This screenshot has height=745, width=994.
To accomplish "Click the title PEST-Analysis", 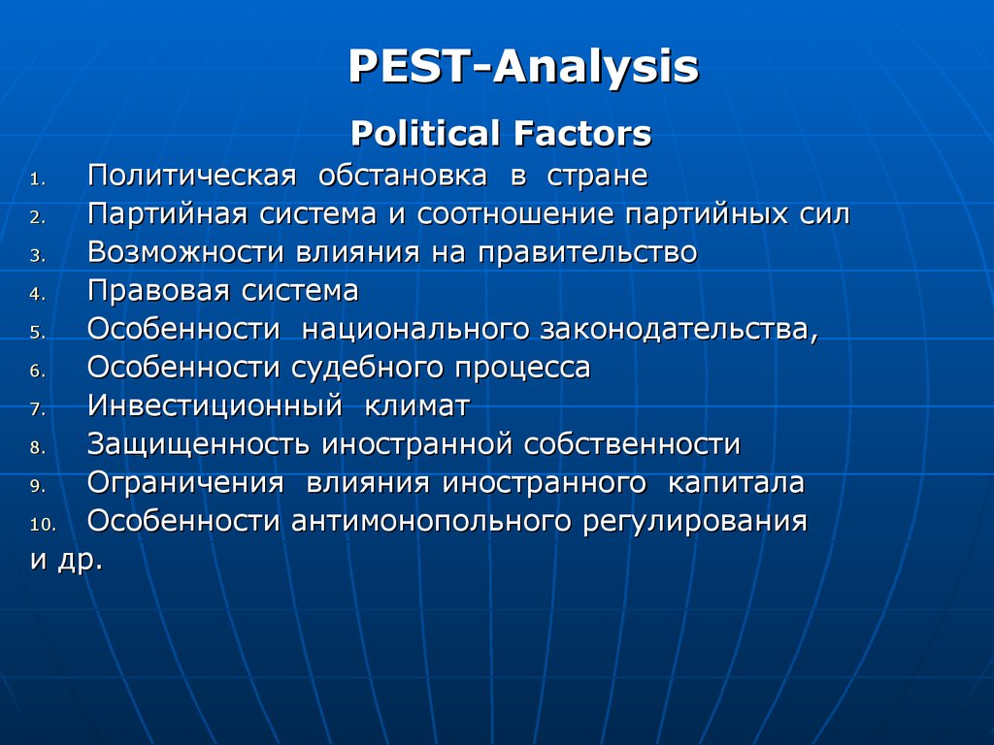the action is pyautogui.click(x=523, y=67).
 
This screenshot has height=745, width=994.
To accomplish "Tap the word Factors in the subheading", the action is pyautogui.click(x=582, y=134).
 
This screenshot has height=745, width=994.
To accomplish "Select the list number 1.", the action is pyautogui.click(x=38, y=179).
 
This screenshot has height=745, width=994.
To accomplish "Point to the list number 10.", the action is pyautogui.click(x=43, y=525).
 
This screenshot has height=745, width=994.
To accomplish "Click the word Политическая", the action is pyautogui.click(x=191, y=176).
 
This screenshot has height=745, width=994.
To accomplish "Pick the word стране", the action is pyautogui.click(x=597, y=177).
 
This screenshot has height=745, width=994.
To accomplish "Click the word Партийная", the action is pyautogui.click(x=167, y=213).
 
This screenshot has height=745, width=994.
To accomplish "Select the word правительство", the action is pyautogui.click(x=587, y=252).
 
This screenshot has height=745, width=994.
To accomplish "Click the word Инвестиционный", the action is pyautogui.click(x=215, y=406).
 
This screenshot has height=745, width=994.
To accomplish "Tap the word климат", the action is pyautogui.click(x=417, y=406).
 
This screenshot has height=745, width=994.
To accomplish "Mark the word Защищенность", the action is pyautogui.click(x=198, y=444).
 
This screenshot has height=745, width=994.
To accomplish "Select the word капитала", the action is pyautogui.click(x=736, y=483).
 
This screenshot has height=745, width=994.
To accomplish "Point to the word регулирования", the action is pyautogui.click(x=695, y=522).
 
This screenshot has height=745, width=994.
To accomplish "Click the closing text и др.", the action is pyautogui.click(x=66, y=561).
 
